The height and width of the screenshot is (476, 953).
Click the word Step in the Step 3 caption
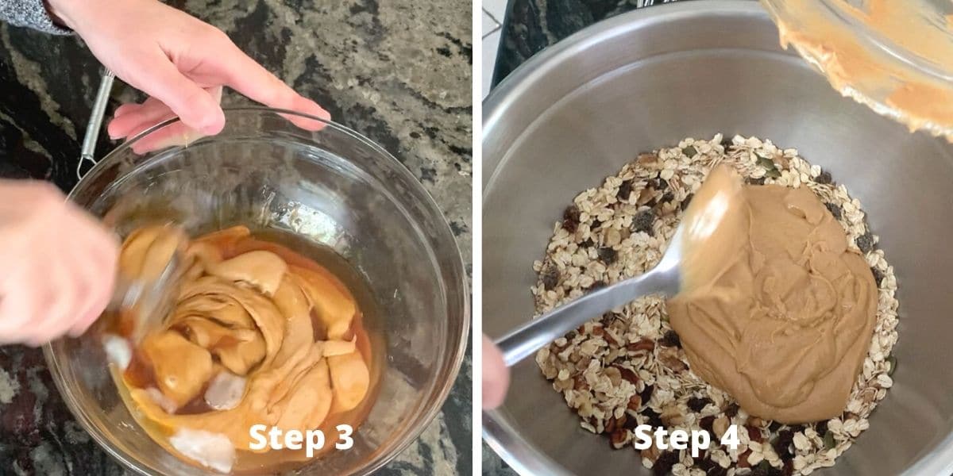point(287,439)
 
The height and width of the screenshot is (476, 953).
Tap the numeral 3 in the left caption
point(344,436)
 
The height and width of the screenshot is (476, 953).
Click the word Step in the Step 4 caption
point(673,439)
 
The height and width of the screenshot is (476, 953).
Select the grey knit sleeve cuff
point(30,16)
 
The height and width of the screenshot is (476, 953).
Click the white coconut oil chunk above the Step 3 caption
point(226,390)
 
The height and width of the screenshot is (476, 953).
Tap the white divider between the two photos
point(477,238)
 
